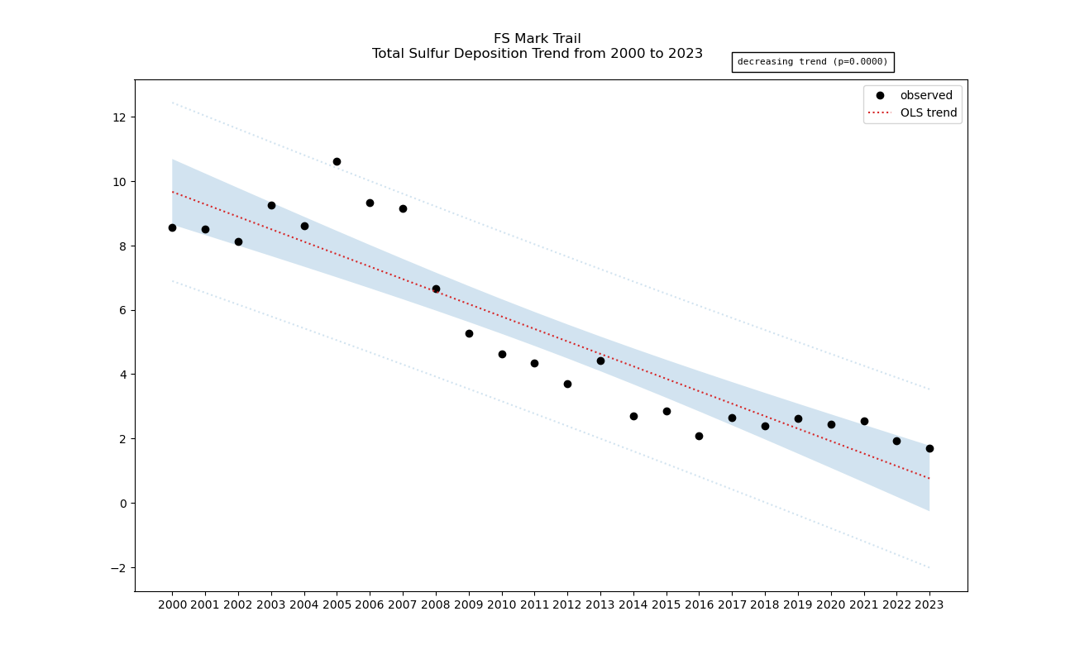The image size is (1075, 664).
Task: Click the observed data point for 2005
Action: tap(337, 161)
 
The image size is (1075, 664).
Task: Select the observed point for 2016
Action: tap(699, 436)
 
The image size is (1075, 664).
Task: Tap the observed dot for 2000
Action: tap(172, 227)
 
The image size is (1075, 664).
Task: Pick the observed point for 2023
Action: tap(929, 448)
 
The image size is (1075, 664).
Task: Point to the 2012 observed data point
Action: tap(567, 384)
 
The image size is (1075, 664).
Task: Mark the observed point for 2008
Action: tap(436, 289)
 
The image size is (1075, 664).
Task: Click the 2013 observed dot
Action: tap(600, 361)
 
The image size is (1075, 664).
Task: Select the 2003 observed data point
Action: tap(271, 205)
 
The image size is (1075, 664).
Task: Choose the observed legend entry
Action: tap(925, 96)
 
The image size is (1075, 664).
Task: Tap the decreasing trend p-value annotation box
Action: tap(812, 62)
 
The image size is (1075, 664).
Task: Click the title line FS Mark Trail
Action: tap(537, 39)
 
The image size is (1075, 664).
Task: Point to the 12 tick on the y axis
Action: tap(120, 117)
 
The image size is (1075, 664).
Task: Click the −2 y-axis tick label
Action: tap(117, 568)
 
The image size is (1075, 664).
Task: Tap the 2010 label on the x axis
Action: tap(502, 604)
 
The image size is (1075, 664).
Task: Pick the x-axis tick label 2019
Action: tap(798, 604)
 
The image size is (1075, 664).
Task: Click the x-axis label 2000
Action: tap(172, 604)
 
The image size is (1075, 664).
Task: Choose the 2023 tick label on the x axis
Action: tap(929, 604)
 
